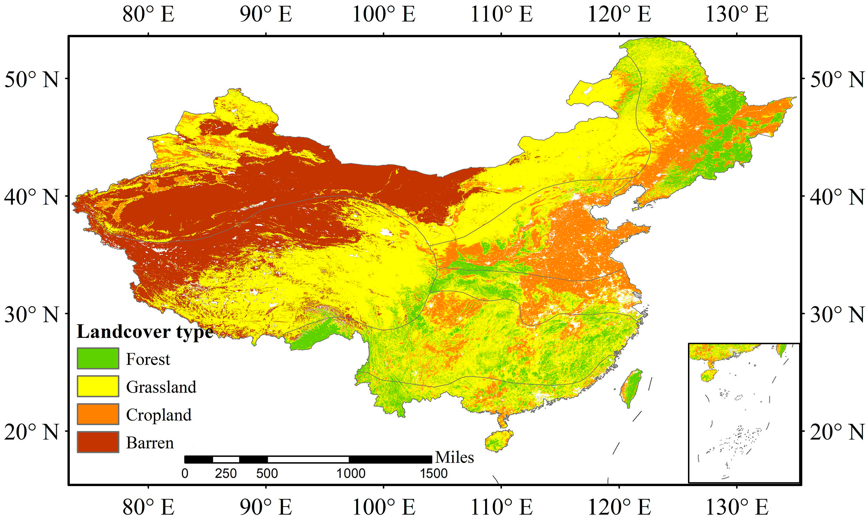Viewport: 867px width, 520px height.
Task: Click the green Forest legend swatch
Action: click(x=98, y=358)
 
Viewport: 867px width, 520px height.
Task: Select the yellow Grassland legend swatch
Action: click(x=98, y=386)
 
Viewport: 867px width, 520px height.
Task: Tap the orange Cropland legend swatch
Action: click(x=98, y=414)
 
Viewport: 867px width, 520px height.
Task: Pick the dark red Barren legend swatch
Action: click(x=98, y=442)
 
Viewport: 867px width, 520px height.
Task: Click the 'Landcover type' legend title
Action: click(x=145, y=331)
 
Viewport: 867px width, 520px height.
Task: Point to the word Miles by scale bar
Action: click(x=454, y=457)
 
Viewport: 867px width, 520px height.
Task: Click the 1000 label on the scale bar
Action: click(x=351, y=474)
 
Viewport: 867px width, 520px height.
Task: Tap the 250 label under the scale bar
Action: click(x=226, y=474)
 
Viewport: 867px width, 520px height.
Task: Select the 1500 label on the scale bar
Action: click(x=433, y=474)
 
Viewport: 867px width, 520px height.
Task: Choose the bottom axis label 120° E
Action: click(x=619, y=507)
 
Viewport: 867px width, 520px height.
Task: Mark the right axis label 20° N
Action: click(x=836, y=432)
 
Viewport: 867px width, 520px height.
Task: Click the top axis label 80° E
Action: click(x=148, y=15)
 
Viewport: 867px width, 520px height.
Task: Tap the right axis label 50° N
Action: click(x=836, y=80)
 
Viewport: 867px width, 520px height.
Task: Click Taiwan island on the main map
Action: click(x=631, y=387)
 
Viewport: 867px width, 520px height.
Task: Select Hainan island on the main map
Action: click(x=498, y=441)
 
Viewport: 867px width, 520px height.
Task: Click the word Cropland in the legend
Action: click(x=159, y=415)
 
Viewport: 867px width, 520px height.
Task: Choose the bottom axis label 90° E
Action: click(x=266, y=507)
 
